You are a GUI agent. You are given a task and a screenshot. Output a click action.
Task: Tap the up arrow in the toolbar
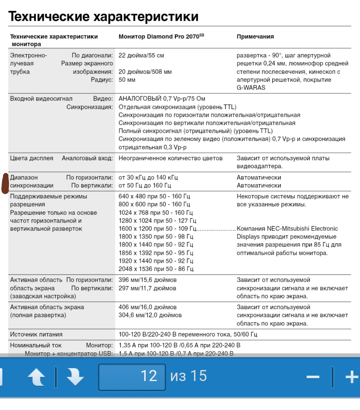[36, 377]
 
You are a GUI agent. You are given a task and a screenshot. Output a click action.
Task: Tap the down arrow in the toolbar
[75, 377]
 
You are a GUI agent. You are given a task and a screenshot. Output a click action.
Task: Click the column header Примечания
[255, 37]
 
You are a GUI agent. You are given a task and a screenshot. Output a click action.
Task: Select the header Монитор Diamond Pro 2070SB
[161, 36]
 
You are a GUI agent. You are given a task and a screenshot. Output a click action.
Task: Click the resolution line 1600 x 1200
[157, 229]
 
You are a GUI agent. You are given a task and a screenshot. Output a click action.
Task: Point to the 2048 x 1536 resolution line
[156, 269]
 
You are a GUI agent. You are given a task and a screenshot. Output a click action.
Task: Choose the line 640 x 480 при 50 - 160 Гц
[154, 197]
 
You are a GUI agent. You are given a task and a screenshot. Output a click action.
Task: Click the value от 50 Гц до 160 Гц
[145, 186]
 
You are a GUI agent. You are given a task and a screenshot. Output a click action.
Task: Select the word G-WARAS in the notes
[251, 88]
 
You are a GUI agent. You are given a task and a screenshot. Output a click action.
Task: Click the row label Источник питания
[36, 334]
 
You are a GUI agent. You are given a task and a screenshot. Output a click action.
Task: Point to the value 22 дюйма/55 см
[141, 56]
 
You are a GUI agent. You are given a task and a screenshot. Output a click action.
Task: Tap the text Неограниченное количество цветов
[170, 158]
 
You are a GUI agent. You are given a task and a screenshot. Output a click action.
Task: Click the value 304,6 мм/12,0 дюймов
[150, 315]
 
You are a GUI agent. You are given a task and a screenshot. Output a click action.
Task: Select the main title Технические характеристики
[103, 16]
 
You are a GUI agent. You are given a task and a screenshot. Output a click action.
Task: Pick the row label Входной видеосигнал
[41, 99]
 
